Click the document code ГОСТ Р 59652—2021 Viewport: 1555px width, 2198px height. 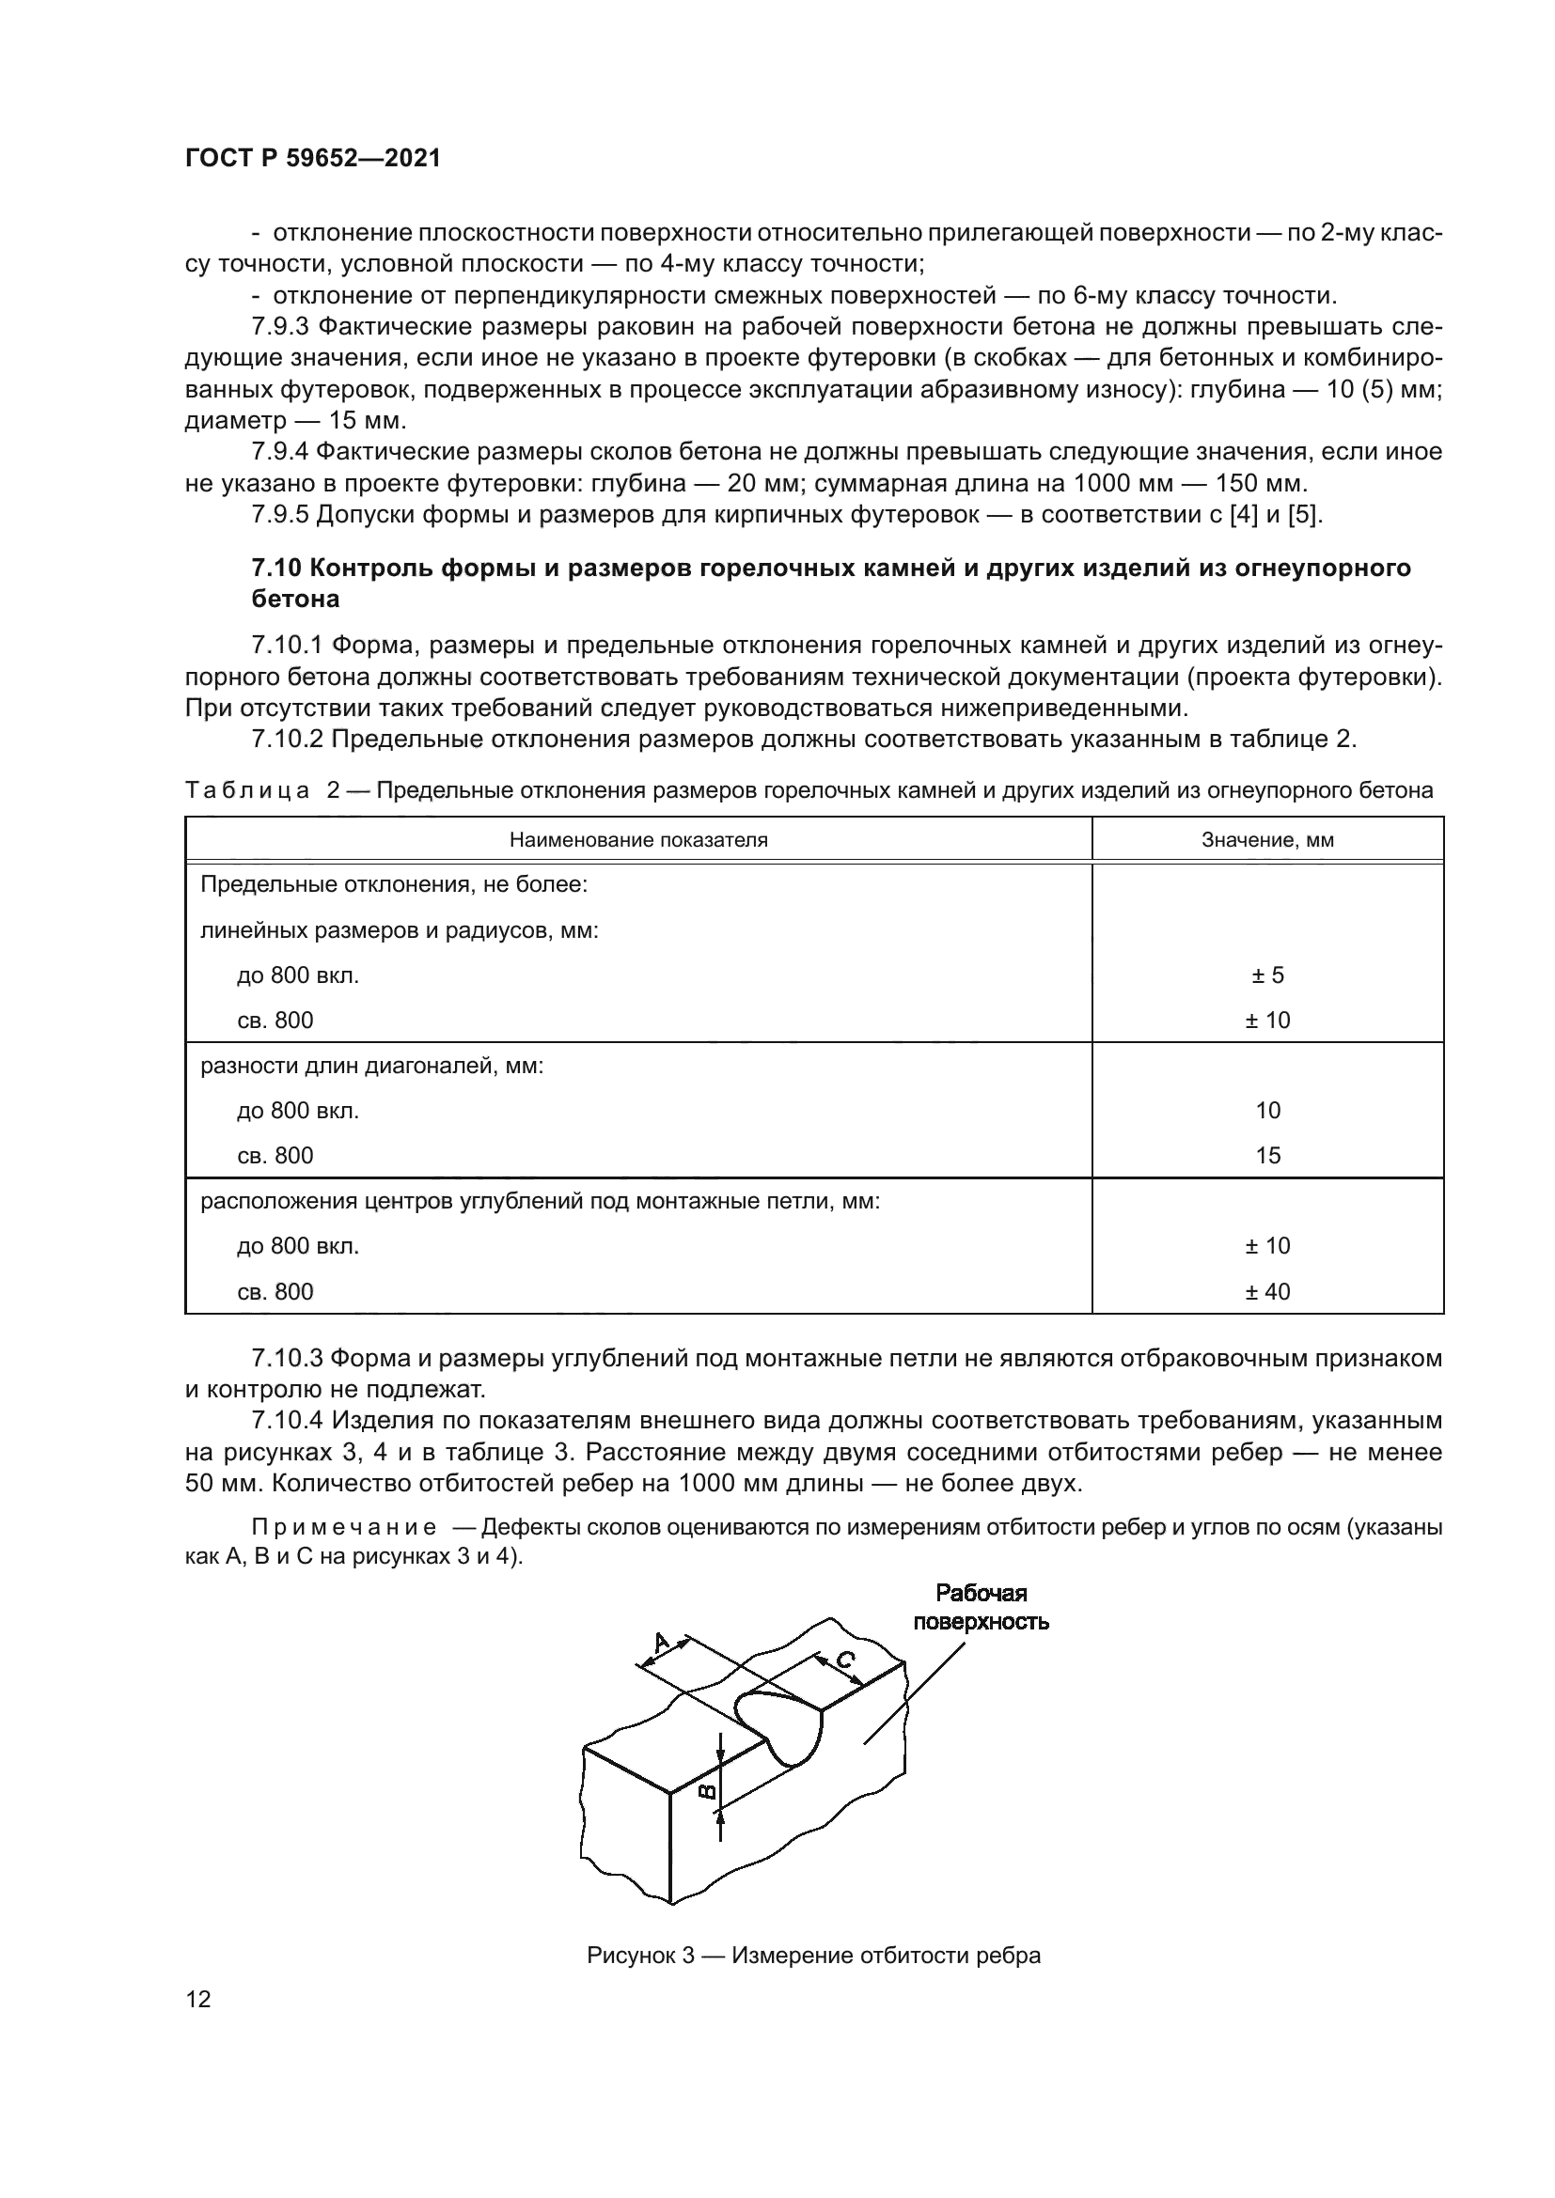point(312,159)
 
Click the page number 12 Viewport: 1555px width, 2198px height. point(198,1999)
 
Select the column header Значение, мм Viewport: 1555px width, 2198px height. point(1266,839)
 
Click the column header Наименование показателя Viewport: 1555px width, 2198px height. point(637,839)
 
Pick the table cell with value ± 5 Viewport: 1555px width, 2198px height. point(1266,975)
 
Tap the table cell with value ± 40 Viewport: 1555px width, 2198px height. point(1266,1291)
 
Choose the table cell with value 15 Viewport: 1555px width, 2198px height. point(1266,1156)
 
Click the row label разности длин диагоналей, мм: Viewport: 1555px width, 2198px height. point(371,1065)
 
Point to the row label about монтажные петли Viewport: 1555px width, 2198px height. point(539,1200)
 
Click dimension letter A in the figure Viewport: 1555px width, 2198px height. point(662,1644)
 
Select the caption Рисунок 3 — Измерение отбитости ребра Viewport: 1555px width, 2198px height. point(813,1955)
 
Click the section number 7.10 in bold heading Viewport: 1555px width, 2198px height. point(275,568)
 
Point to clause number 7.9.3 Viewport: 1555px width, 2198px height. point(279,326)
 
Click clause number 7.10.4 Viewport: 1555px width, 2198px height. point(288,1421)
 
